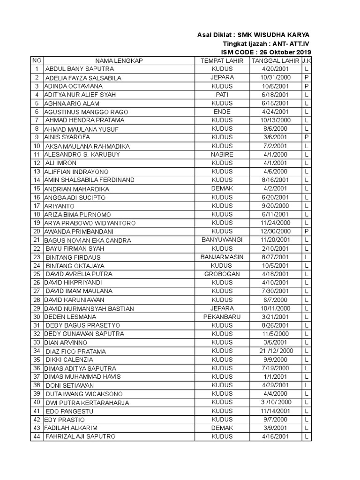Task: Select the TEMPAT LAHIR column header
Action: click(x=222, y=61)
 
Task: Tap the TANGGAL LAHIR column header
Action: click(x=276, y=61)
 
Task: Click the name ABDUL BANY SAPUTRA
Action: click(x=79, y=69)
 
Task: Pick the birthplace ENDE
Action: click(x=222, y=112)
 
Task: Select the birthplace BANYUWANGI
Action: click(x=222, y=240)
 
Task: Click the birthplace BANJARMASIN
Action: click(x=222, y=257)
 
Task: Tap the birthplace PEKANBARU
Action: click(x=222, y=317)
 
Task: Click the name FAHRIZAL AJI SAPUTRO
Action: click(x=80, y=437)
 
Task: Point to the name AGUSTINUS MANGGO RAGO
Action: click(x=86, y=112)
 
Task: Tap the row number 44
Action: click(x=36, y=437)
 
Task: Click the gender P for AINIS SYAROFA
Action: click(x=306, y=137)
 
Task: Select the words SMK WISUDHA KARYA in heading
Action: click(x=273, y=35)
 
